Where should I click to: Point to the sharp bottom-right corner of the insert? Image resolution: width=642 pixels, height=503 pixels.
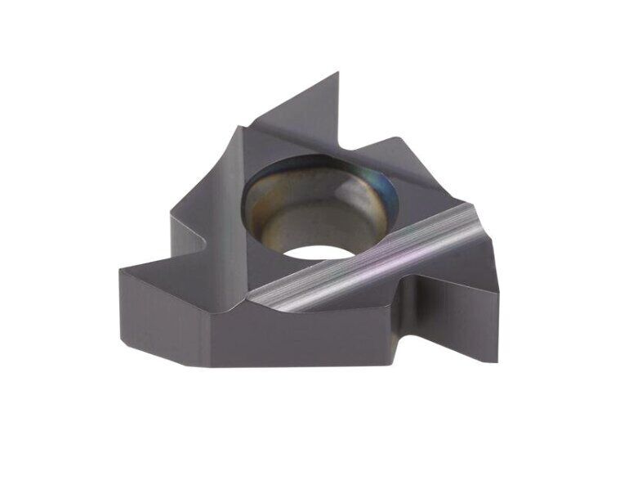pyautogui.click(x=497, y=361)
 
